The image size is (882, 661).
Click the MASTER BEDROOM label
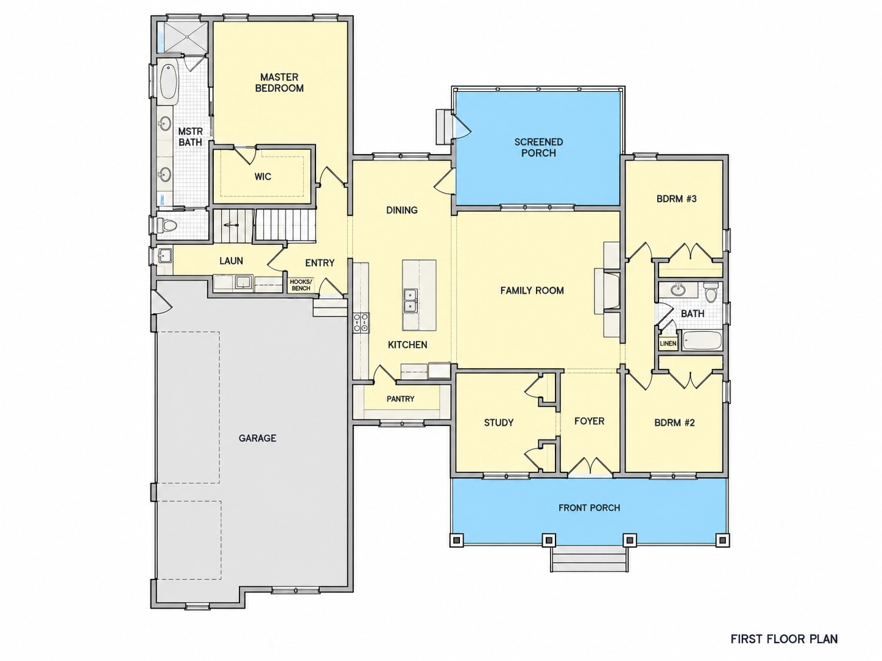pos(279,83)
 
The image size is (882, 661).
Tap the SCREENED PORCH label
pos(538,147)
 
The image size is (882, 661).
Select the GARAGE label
pos(257,438)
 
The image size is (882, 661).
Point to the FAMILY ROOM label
pos(532,290)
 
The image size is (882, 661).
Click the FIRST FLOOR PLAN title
pos(784,638)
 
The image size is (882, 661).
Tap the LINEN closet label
pos(668,343)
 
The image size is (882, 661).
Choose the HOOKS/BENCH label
pos(300,285)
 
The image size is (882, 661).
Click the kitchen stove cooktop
pos(361,323)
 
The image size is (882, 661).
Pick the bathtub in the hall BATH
pos(702,341)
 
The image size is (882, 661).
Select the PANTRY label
pos(400,399)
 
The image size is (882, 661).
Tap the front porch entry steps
pos(589,559)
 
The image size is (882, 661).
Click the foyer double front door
pos(590,466)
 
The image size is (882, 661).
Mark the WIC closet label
pos(263,177)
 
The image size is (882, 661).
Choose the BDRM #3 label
pos(676,198)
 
